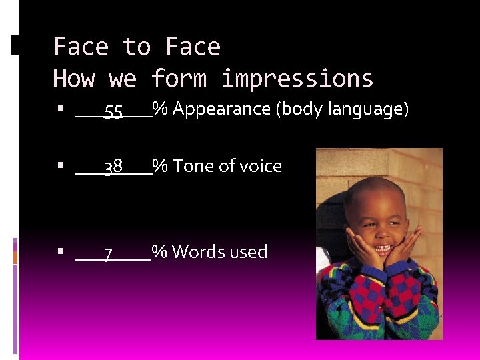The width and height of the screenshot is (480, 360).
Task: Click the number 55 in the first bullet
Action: tap(113, 111)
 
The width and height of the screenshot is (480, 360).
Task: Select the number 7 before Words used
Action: tap(108, 253)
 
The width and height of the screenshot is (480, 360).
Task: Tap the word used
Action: tap(249, 251)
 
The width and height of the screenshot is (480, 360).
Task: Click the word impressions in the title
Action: tap(297, 79)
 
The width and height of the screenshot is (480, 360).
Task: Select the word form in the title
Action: tap(179, 79)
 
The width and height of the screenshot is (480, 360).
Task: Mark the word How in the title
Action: tap(74, 79)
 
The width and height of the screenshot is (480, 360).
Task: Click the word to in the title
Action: tap(137, 47)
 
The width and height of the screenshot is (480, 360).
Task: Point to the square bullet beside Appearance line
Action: tap(61, 107)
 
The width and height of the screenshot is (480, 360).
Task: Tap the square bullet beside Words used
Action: tap(61, 251)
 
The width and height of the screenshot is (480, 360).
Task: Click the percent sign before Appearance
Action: tap(160, 109)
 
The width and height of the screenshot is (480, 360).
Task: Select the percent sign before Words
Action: tap(159, 251)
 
